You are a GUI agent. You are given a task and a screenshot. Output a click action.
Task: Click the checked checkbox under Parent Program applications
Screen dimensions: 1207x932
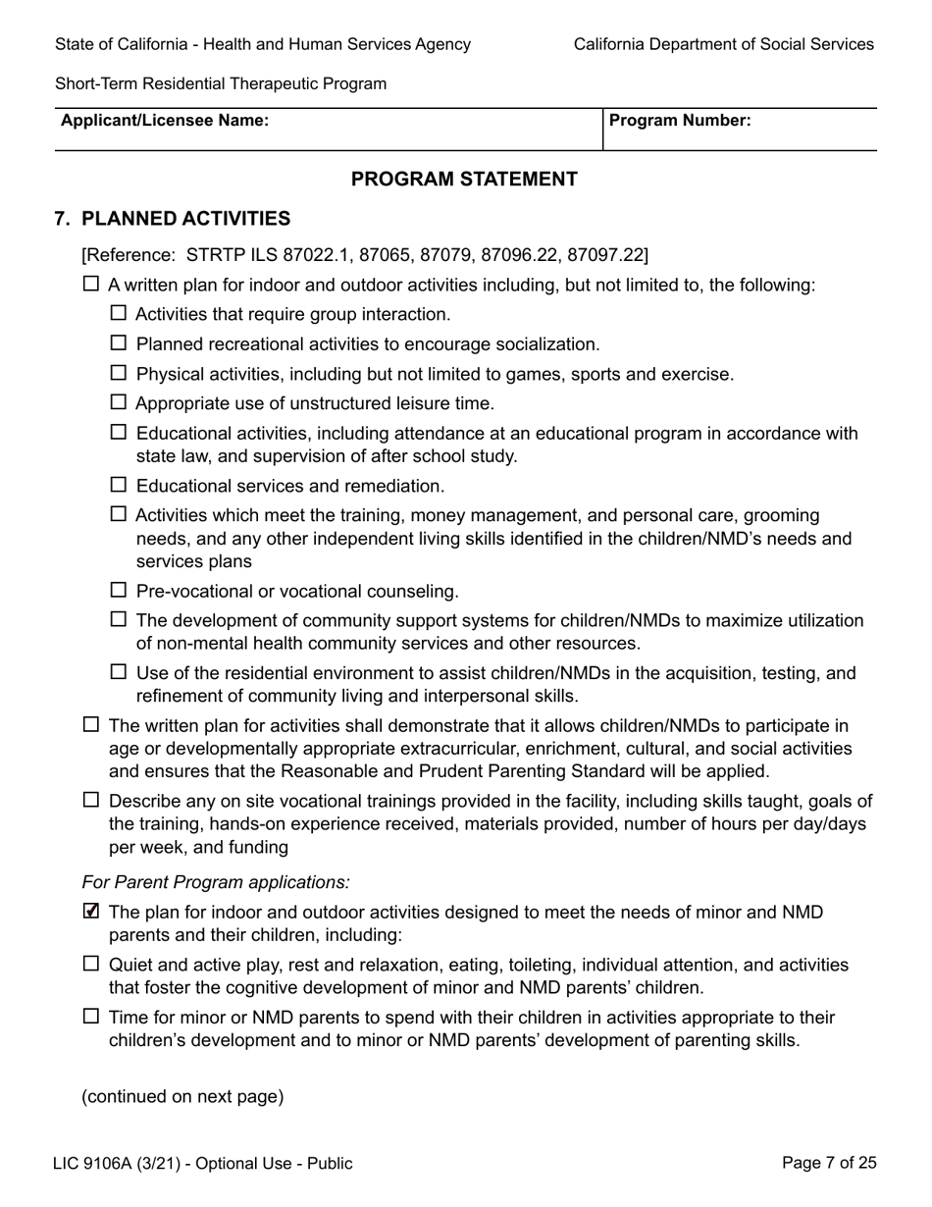pos(91,912)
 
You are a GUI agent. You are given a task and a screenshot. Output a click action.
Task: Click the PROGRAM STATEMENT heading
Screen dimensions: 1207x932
pos(464,179)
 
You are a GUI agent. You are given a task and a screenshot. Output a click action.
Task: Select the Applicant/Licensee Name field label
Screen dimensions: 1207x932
pos(165,121)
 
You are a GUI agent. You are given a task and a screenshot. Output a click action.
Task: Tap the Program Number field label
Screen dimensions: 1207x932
pos(680,121)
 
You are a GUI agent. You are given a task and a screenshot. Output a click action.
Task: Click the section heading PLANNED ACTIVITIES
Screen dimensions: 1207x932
pos(185,219)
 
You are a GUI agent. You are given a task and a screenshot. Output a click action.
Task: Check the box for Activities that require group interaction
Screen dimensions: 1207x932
pos(119,313)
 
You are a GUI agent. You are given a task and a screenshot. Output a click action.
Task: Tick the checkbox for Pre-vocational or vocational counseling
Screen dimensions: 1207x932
pos(119,590)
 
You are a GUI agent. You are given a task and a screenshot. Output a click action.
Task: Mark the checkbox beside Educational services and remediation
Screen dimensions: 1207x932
pos(119,485)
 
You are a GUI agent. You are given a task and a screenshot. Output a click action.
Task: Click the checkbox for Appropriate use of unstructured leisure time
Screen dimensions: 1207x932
pos(119,402)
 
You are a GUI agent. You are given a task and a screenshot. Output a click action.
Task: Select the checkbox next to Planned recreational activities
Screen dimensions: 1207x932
pos(119,343)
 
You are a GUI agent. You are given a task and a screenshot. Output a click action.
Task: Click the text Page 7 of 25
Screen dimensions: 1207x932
pos(829,1163)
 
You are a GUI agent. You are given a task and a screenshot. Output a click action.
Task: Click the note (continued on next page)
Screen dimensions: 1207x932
pos(182,1096)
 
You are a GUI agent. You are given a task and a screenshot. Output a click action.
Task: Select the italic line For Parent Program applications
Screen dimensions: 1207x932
pos(216,882)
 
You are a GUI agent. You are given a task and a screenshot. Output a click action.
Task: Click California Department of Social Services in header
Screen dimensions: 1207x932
pos(723,44)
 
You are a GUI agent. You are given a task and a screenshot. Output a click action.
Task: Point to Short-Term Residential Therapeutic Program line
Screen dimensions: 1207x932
pos(221,83)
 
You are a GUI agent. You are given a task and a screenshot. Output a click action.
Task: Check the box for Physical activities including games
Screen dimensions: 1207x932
pos(119,373)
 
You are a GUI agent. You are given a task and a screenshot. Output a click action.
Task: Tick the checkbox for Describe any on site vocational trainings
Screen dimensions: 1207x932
pos(91,800)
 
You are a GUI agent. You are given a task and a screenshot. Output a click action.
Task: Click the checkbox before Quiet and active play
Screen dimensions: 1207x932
pos(91,964)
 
